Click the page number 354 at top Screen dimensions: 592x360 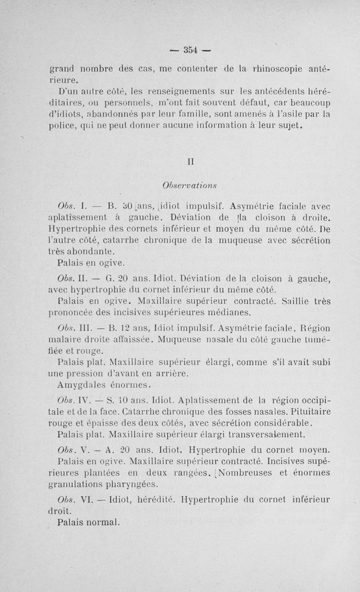coord(191,50)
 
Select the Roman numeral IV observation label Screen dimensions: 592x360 coord(85,400)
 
